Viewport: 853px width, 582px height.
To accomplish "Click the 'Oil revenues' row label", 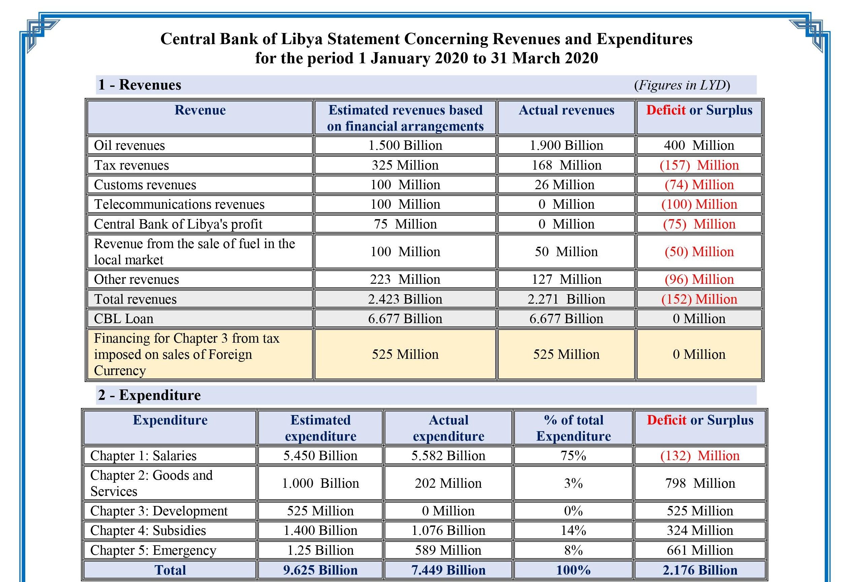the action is coord(129,145).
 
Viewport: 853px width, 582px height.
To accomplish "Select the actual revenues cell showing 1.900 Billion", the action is coord(566,145).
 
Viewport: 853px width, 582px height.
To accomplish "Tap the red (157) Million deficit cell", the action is coord(699,165).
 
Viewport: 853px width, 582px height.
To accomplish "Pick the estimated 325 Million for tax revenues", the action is coord(405,165).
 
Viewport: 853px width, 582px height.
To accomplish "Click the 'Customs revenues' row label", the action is coord(145,184).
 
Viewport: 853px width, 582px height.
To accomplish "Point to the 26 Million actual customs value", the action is coord(564,184).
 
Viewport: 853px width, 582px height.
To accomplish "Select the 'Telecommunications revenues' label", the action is coord(179,204).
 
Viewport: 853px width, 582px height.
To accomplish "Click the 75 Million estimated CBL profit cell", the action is coord(405,224).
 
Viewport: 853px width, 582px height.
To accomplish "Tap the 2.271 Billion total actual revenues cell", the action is coord(566,299).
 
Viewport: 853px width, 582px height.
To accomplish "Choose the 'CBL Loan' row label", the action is coord(124,318).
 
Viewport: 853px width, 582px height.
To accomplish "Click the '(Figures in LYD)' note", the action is coord(682,85).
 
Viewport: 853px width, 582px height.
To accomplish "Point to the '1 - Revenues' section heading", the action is coord(139,85).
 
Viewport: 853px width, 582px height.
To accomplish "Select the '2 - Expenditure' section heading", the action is coord(150,395).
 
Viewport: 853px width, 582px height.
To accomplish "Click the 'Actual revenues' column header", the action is coord(566,110).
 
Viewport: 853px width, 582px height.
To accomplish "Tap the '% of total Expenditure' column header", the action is coord(573,428).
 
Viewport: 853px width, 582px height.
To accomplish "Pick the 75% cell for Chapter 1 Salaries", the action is coord(573,456).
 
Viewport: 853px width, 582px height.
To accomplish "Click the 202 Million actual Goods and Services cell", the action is coord(448,483).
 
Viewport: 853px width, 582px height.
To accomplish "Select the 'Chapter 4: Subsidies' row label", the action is coord(148,530).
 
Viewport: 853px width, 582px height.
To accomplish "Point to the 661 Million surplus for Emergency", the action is coord(700,550).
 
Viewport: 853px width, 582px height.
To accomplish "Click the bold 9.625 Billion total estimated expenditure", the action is coord(320,570).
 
